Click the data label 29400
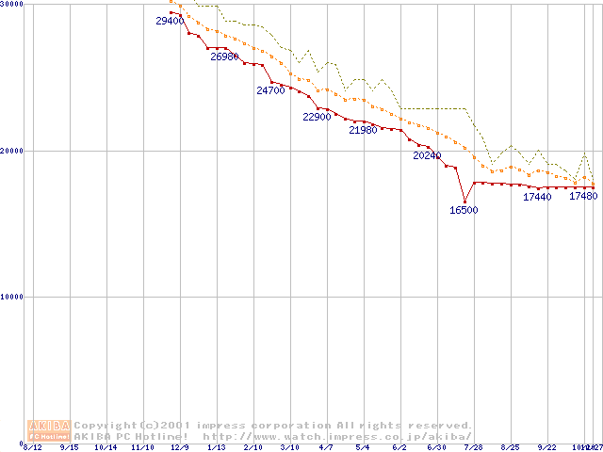[170, 21]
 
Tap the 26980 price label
[224, 56]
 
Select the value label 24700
[270, 90]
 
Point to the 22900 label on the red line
[317, 117]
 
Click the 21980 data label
[363, 130]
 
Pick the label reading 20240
[427, 155]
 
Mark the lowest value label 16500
[464, 210]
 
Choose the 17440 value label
[537, 197]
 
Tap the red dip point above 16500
[464, 201]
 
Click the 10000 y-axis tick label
[11, 297]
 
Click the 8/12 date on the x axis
[32, 447]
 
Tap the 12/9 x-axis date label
[179, 447]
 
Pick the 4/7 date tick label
[326, 447]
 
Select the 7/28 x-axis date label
[474, 447]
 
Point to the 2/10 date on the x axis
[253, 447]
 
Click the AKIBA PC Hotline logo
[49, 430]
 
